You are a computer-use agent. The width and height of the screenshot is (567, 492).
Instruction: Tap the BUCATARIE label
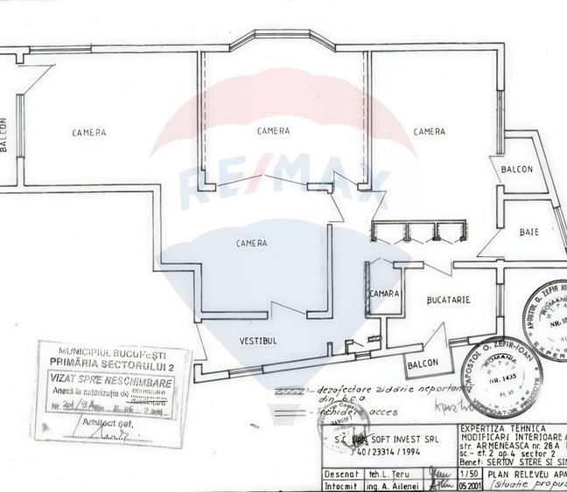449,300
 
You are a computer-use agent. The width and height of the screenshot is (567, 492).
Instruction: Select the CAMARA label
385,293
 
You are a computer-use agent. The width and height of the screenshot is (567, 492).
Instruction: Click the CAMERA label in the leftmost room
90,133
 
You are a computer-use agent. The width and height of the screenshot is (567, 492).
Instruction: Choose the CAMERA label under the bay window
273,131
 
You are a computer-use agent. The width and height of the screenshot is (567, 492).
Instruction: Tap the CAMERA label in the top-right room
429,132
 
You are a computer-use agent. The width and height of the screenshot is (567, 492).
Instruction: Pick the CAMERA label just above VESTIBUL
252,243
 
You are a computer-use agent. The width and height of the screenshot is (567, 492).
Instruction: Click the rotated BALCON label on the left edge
4,135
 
